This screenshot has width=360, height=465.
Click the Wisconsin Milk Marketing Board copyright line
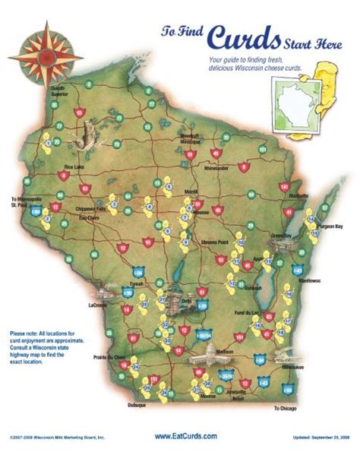click(57, 438)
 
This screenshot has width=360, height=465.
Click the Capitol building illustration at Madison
click(207, 353)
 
